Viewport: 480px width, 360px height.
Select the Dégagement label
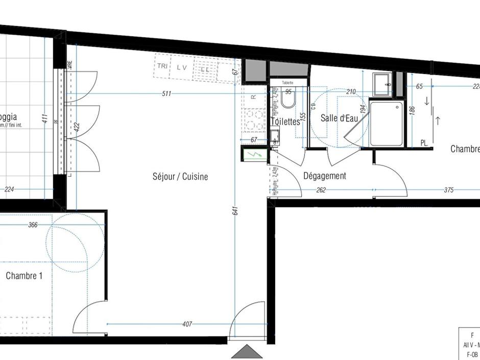pyautogui.click(x=325, y=176)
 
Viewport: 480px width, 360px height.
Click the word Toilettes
pyautogui.click(x=285, y=122)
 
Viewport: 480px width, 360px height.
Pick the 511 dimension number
pyautogui.click(x=166, y=93)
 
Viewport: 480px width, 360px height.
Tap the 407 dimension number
pyautogui.click(x=187, y=324)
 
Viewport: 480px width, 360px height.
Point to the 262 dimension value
pyautogui.click(x=321, y=190)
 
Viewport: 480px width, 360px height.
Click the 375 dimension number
pyautogui.click(x=448, y=190)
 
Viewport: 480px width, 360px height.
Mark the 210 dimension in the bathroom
pyautogui.click(x=351, y=92)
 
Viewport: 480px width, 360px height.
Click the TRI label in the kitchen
pyautogui.click(x=162, y=66)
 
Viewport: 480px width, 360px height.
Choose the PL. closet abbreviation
pyautogui.click(x=424, y=143)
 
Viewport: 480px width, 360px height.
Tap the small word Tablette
pyautogui.click(x=287, y=82)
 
